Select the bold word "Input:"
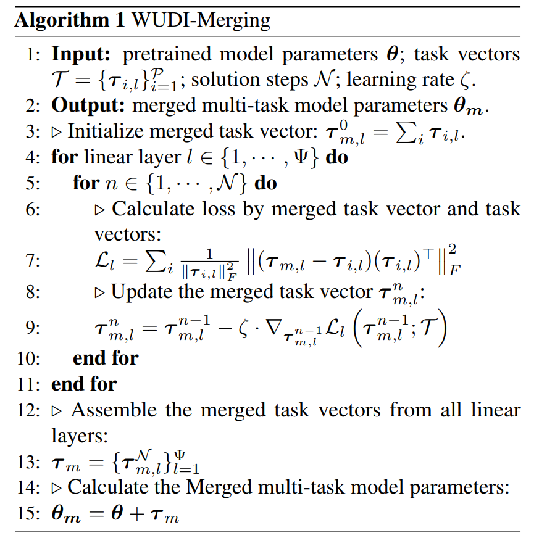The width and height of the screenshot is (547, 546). [x=81, y=54]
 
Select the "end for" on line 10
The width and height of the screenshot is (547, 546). [x=106, y=357]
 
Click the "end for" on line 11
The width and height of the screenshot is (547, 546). [x=84, y=384]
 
